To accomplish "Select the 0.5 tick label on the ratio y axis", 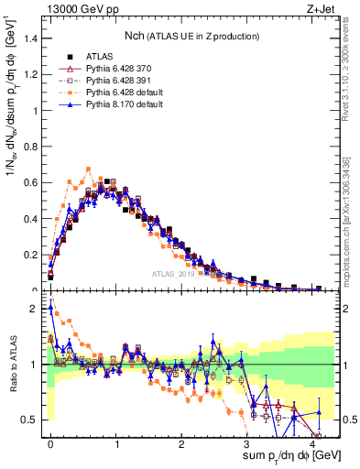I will click(29, 420).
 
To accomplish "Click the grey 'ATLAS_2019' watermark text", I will click(176, 273).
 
